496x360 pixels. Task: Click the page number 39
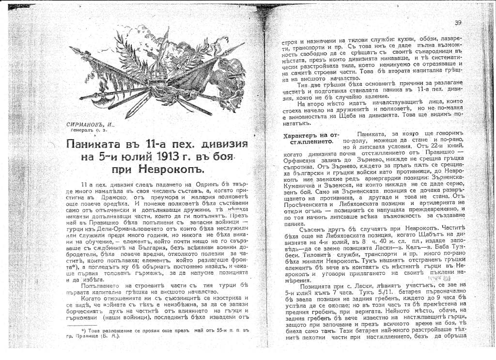click(458, 23)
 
